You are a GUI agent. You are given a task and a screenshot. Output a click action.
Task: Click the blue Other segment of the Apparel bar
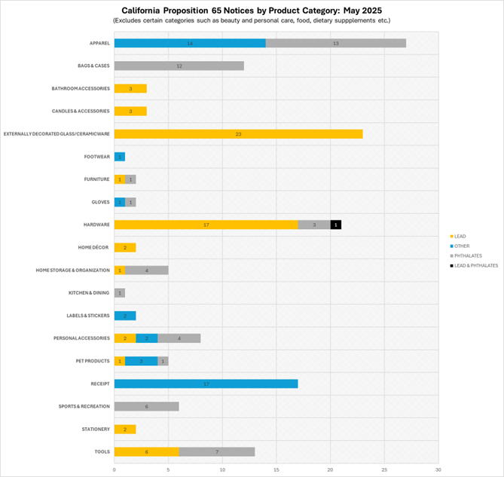click(x=190, y=43)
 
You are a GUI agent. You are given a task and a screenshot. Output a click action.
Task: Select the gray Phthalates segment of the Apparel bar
click(x=335, y=43)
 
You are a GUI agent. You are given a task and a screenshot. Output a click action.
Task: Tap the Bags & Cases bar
click(x=179, y=66)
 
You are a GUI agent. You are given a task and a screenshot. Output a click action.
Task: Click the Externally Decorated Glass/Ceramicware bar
click(x=238, y=133)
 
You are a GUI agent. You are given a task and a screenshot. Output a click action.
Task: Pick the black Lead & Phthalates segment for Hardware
click(x=335, y=225)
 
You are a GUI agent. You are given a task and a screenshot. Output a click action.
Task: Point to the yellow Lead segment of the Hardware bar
click(x=206, y=225)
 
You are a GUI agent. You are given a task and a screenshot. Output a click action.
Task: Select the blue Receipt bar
click(x=206, y=384)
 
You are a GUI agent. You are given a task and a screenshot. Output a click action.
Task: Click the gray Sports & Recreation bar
click(x=146, y=406)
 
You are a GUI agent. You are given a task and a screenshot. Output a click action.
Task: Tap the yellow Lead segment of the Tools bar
click(x=146, y=451)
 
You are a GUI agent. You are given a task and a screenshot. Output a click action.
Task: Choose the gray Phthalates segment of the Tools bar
click(x=216, y=451)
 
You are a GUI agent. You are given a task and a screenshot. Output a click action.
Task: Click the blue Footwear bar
click(x=119, y=157)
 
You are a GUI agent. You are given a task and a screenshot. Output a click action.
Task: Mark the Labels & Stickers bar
click(x=124, y=316)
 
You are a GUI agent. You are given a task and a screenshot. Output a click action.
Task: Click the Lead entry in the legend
click(x=460, y=237)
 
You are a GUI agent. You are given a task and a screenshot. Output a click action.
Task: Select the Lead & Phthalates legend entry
click(x=475, y=265)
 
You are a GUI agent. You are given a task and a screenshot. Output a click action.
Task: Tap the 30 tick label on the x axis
click(x=438, y=469)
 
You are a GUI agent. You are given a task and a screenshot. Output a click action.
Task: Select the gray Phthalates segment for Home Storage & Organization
click(x=146, y=270)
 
